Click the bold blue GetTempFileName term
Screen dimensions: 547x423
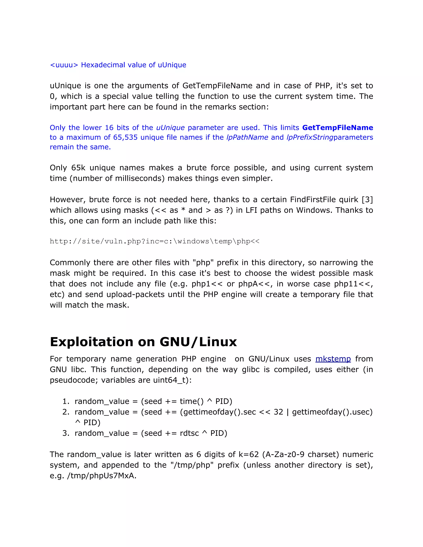point(337,128)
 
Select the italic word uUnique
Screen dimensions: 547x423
point(170,128)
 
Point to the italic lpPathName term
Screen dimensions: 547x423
point(247,137)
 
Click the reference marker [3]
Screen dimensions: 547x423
point(367,200)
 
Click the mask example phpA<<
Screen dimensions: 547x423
point(255,284)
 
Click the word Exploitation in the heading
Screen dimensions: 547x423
point(91,342)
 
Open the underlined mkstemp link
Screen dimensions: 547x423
point(333,359)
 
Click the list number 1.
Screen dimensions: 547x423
point(66,401)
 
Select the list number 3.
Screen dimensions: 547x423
point(66,433)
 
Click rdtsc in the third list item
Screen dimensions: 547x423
point(189,433)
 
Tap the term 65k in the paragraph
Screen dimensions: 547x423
point(78,168)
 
